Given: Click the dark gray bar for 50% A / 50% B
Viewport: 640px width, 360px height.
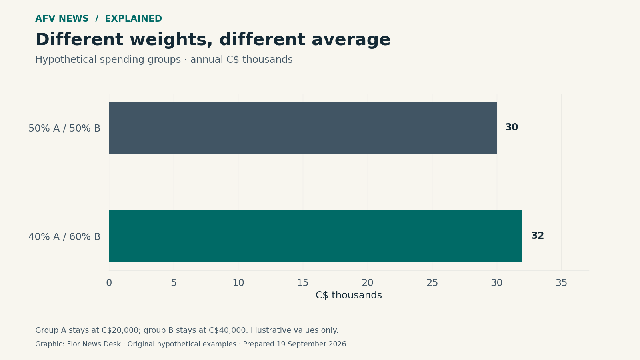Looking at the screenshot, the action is [302, 128].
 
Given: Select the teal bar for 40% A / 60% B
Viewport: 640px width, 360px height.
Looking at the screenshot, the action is [316, 236].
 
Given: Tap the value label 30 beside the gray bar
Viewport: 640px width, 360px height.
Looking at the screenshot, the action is [512, 127].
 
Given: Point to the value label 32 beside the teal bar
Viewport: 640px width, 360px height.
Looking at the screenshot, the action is [538, 236].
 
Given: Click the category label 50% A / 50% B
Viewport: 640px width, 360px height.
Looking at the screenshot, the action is [64, 128].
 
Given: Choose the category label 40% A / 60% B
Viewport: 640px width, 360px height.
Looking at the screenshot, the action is [64, 236].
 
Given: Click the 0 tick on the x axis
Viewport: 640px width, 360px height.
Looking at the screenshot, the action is [109, 283].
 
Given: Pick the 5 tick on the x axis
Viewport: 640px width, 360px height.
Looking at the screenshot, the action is [174, 283].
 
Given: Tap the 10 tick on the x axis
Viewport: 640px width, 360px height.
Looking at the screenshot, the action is [238, 283].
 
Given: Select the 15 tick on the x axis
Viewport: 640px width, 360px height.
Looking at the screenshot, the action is [303, 283].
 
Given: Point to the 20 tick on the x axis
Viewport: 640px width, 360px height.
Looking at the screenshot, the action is [368, 283].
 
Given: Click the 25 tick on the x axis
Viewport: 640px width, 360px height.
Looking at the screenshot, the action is [432, 283].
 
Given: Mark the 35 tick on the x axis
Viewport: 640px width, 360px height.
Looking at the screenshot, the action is [562, 283].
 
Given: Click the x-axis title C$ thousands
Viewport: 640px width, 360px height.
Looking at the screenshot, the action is [348, 295].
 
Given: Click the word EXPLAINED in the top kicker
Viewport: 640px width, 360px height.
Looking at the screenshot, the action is [134, 18].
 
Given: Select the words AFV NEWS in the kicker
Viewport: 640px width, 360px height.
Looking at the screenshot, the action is [62, 18].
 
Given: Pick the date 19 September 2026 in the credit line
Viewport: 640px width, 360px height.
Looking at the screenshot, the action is [311, 344].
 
